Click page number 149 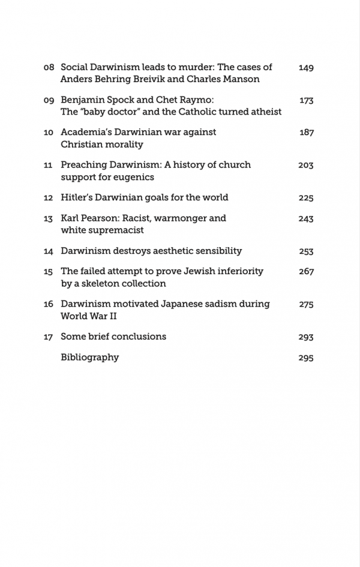(306, 68)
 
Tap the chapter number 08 (49, 68)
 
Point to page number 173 (306, 100)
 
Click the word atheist (263, 112)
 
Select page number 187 (306, 133)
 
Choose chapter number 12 (49, 198)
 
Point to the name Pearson (102, 218)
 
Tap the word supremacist (115, 230)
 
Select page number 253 (306, 251)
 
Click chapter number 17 (49, 337)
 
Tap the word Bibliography (90, 358)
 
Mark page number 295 (306, 358)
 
